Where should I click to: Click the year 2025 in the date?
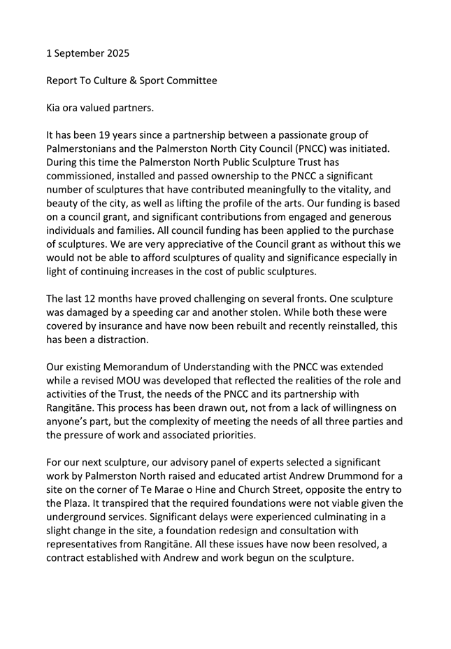115,53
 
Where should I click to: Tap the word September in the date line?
77,53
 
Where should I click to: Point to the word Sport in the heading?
133,81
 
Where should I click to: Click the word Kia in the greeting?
55,108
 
